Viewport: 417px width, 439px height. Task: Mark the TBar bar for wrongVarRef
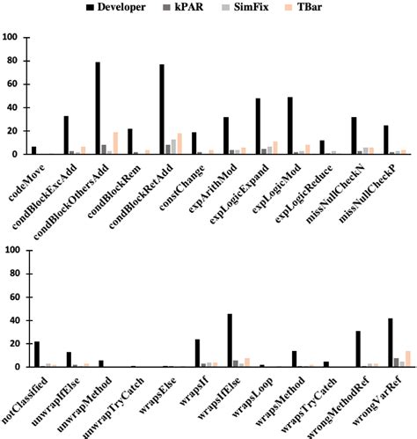(x=408, y=359)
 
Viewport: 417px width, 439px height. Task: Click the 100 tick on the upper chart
(x=12, y=38)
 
